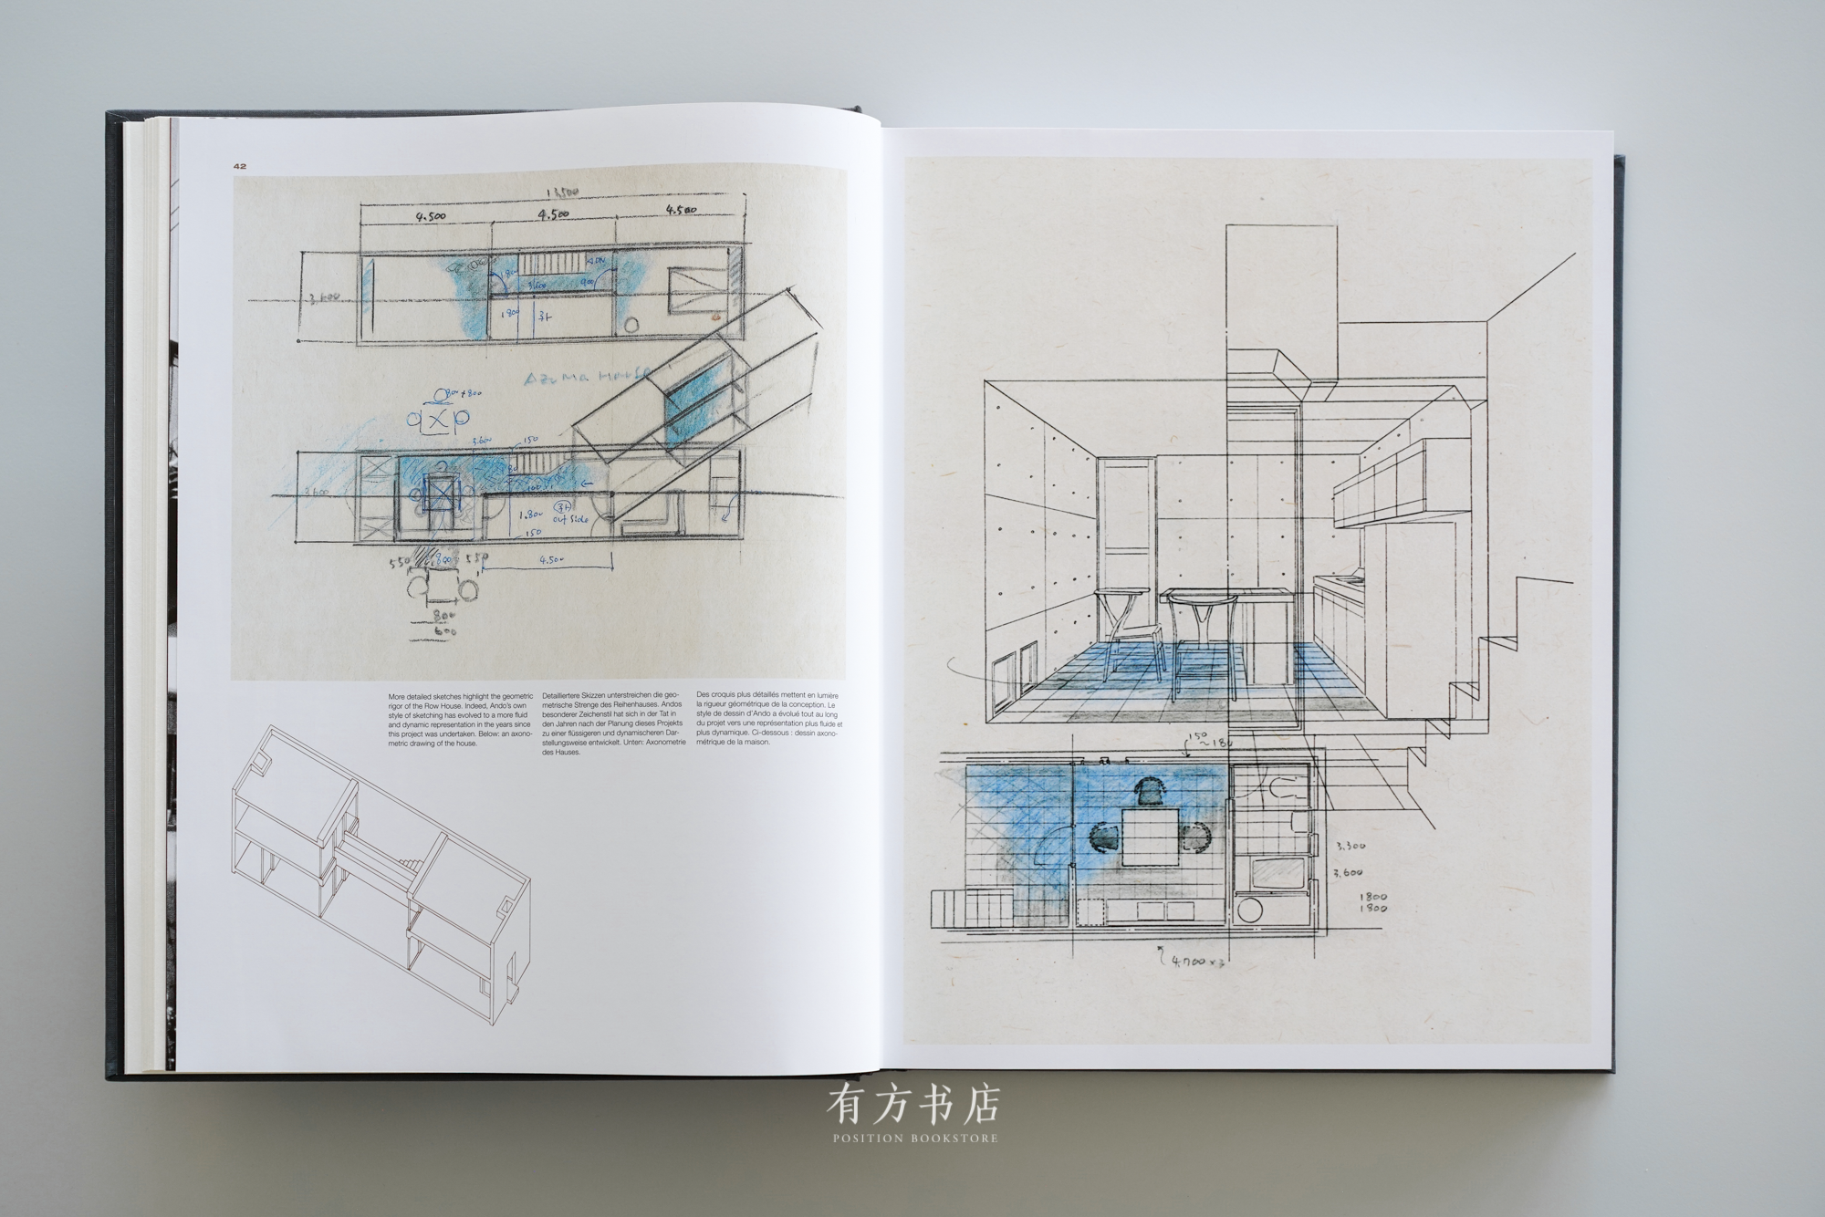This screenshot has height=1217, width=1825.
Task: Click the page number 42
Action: point(240,166)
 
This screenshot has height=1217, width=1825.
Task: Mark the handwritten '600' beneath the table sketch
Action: point(444,630)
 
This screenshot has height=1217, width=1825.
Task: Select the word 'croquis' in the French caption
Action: point(722,696)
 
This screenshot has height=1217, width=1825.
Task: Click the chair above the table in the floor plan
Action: point(1152,792)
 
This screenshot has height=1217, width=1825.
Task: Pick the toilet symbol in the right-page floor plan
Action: point(1284,791)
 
